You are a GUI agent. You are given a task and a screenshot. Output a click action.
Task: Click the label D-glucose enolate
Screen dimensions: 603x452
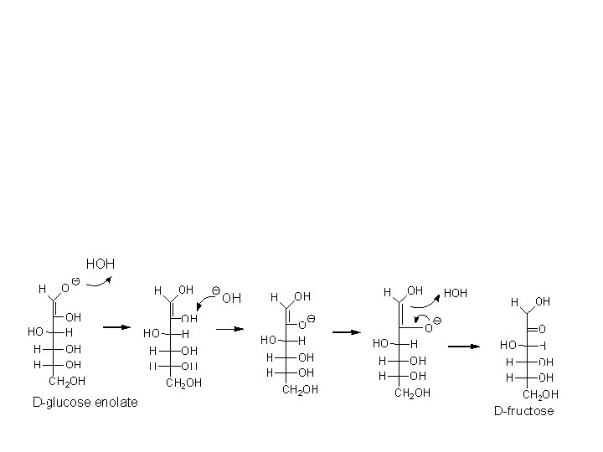pyautogui.click(x=85, y=403)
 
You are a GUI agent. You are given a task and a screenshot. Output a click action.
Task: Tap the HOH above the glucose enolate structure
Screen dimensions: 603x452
pyautogui.click(x=100, y=264)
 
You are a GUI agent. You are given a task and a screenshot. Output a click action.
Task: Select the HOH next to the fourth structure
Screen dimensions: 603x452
pyautogui.click(x=455, y=293)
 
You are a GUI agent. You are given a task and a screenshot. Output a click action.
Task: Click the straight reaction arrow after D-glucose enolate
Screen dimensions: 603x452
pyautogui.click(x=116, y=327)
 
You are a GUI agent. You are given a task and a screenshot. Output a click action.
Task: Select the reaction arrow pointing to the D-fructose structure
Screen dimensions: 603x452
pyautogui.click(x=463, y=346)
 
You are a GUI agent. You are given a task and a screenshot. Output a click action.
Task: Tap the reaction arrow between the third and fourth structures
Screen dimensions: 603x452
pyautogui.click(x=346, y=332)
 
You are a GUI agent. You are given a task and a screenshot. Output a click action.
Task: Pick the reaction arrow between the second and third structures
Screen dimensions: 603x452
pyautogui.click(x=229, y=328)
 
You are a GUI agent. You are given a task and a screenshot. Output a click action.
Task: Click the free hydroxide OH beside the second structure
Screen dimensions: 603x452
pyautogui.click(x=232, y=297)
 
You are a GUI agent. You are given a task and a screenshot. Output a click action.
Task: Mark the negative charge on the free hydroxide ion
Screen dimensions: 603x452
pyautogui.click(x=215, y=290)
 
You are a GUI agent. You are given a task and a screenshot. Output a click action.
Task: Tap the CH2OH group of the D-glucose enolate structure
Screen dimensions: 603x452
pyautogui.click(x=67, y=381)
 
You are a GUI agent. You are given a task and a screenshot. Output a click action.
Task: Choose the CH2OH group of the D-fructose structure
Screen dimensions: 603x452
pyautogui.click(x=540, y=394)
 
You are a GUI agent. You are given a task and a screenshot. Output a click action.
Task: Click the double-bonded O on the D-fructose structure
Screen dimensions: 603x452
pyautogui.click(x=542, y=329)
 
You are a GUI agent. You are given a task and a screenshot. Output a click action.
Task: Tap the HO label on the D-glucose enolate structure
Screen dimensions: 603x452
pyautogui.click(x=35, y=332)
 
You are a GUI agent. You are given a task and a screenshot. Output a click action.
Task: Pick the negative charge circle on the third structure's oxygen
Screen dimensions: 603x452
pyautogui.click(x=311, y=319)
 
